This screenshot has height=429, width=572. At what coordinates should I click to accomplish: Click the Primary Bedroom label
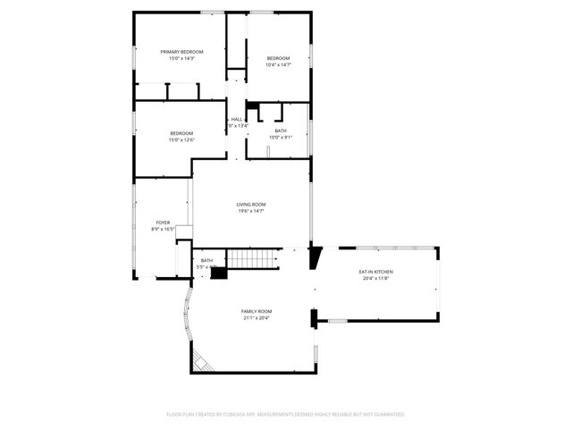tap(181, 52)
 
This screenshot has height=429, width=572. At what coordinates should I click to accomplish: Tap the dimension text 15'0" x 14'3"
tap(181, 58)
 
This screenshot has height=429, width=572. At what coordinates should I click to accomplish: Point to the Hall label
tap(237, 119)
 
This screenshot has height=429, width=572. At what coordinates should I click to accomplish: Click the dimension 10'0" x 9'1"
tap(281, 137)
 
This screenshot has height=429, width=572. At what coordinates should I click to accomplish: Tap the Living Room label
tap(251, 204)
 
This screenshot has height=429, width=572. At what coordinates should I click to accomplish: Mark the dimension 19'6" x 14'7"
tap(251, 211)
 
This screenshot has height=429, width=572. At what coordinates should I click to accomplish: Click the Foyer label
tap(163, 223)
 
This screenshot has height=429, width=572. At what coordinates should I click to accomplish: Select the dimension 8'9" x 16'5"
tap(163, 230)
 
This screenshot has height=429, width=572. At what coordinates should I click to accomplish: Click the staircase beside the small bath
tap(242, 260)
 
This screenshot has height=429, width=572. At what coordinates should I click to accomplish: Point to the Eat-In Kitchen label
tap(376, 272)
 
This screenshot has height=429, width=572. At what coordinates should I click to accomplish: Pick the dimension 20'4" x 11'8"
tap(376, 279)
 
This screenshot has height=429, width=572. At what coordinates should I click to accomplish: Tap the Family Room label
tap(256, 311)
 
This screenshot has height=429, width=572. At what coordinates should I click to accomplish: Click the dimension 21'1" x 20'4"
tap(256, 318)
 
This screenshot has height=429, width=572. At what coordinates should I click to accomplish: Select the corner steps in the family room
tap(203, 362)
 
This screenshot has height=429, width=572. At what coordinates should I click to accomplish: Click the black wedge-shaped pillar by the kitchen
tap(315, 257)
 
